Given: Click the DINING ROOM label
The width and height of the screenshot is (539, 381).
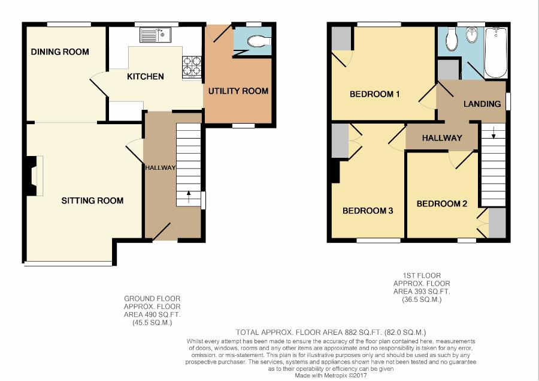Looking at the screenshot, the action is coord(60,52).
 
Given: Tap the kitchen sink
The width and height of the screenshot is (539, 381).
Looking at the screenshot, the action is coord(155,35).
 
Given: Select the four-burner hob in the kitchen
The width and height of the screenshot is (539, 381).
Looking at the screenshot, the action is coord(192,67).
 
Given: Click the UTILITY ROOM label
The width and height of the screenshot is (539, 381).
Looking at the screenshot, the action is coord(238,91).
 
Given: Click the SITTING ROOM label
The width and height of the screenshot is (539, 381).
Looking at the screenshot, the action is coord(92,200).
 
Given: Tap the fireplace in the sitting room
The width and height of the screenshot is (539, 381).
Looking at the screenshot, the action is coord(35,176).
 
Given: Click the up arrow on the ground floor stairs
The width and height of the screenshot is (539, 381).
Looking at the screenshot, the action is coord(189,198).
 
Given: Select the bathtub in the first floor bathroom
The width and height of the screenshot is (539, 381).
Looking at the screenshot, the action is coord(495,53).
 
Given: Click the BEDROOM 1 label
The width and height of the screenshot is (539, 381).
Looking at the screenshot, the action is coord(374,94).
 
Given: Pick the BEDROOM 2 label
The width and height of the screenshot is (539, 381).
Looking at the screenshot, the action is coord(442,203).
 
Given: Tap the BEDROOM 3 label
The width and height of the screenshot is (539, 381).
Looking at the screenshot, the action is coord(368,211).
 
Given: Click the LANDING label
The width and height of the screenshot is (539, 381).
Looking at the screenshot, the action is coord(482,104).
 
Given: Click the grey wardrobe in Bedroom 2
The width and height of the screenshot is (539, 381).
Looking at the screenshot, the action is coord(497,223).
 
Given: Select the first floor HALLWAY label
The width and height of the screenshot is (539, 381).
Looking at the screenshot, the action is coord(442,138).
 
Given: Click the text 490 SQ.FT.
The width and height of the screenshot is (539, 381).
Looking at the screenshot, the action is coord(160,314).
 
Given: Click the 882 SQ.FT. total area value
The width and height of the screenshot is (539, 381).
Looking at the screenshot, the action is coord(364,332).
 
